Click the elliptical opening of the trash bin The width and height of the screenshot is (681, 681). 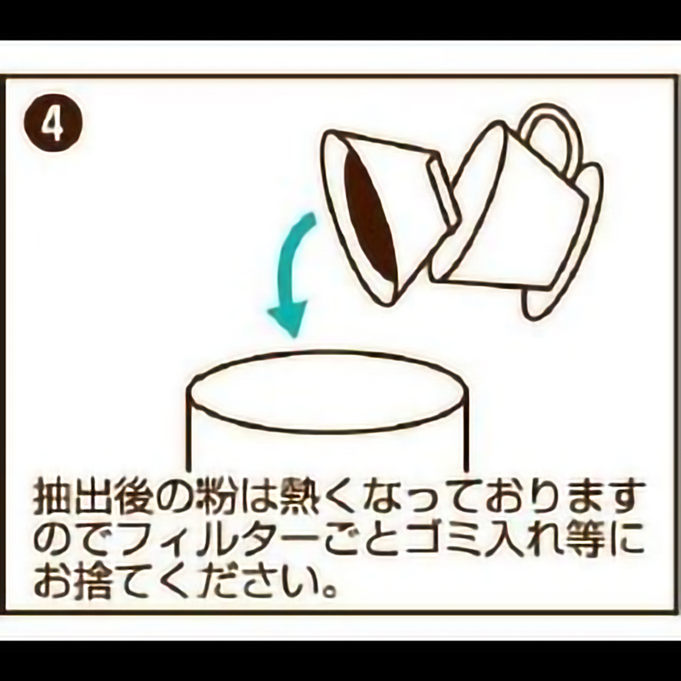pyautogui.click(x=328, y=391)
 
